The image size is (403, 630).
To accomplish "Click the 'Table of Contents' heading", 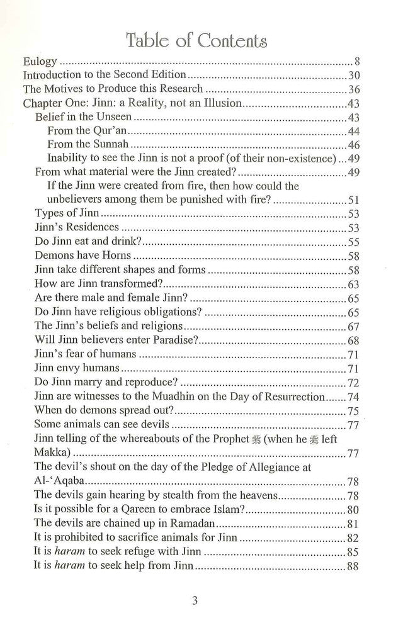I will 196,42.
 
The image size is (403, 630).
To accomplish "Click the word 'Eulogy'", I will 40,63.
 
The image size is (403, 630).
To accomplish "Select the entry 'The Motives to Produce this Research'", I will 113,89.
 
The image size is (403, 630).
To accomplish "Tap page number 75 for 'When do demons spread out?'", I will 353,411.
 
